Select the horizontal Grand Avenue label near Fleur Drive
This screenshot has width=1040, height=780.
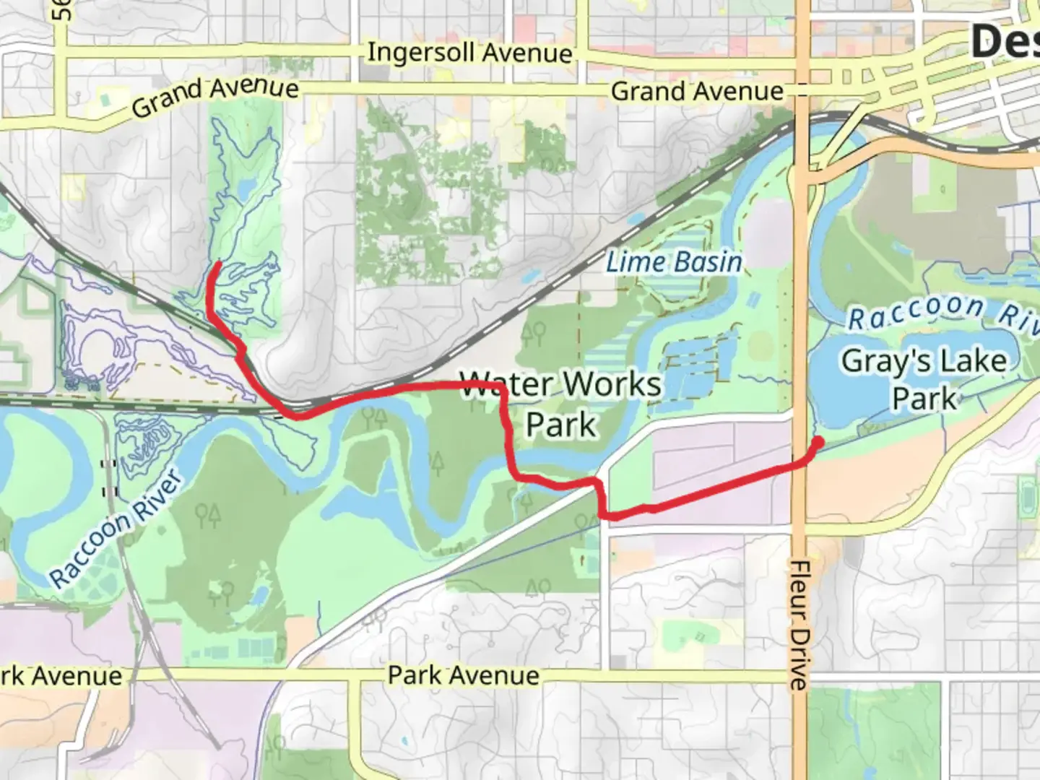(x=697, y=92)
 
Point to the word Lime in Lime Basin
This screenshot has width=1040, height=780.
(x=629, y=261)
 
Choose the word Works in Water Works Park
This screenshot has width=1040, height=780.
(x=612, y=384)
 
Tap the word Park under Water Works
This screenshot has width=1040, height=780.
(x=561, y=425)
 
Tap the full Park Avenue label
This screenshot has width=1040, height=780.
(x=463, y=676)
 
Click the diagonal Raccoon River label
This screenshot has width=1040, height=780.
(x=115, y=529)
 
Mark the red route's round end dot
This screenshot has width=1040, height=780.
(x=818, y=442)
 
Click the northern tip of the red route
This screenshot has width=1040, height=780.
(x=217, y=265)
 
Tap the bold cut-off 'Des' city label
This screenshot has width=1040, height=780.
(x=1005, y=41)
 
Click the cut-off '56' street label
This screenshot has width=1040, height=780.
(x=62, y=9)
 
